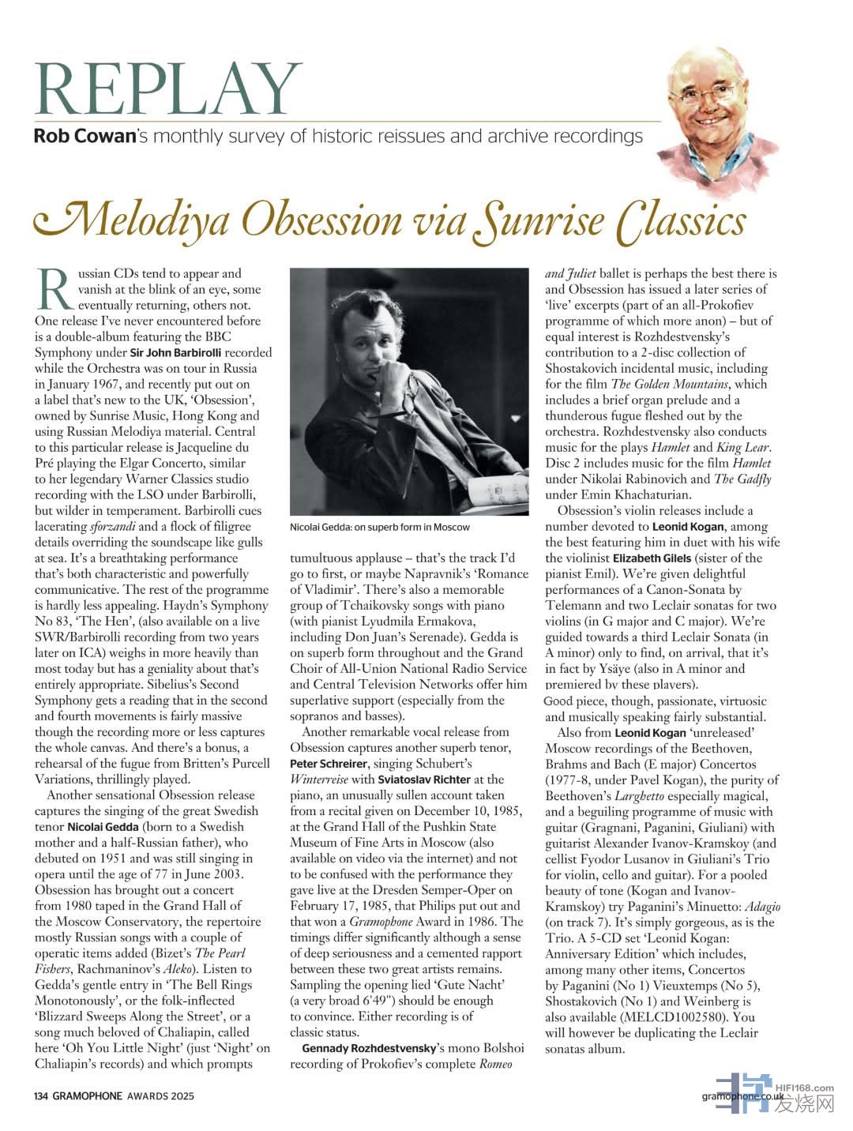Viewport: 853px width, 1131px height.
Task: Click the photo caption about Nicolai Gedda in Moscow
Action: click(x=380, y=527)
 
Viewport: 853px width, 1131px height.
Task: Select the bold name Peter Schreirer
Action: click(x=328, y=764)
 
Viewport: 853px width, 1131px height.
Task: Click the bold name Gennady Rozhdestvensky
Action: click(x=369, y=1048)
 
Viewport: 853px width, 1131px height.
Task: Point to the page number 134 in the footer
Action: click(x=41, y=1096)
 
